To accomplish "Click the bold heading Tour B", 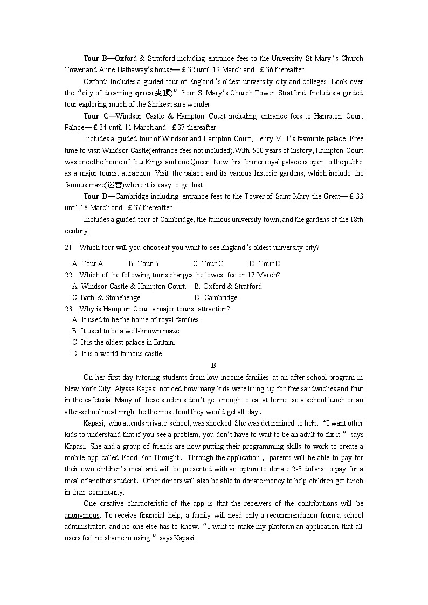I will click(x=95, y=58).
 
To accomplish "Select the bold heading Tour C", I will click(x=95, y=116).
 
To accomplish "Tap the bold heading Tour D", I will click(x=95, y=196).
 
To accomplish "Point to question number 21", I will click(x=68, y=247).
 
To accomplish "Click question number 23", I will click(x=68, y=309).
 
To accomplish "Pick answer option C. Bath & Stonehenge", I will click(x=107, y=297).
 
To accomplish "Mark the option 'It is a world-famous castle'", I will click(x=118, y=353).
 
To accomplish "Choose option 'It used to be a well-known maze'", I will click(x=126, y=331).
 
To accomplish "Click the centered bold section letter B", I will click(x=213, y=365).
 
